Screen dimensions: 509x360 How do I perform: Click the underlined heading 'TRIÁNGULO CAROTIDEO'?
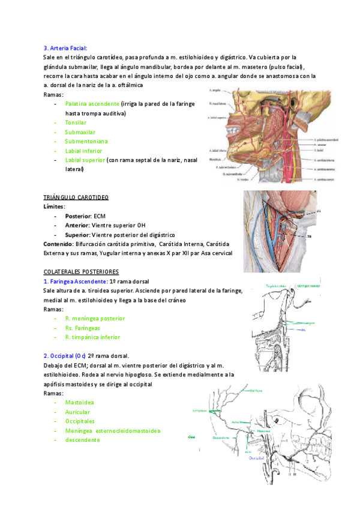[x=76, y=197]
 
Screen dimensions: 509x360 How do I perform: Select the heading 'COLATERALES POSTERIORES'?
[x=82, y=272]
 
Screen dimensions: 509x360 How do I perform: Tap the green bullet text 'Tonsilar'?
[x=76, y=122]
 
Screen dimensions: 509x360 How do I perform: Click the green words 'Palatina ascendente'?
[x=92, y=104]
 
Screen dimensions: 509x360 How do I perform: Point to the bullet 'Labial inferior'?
[x=83, y=151]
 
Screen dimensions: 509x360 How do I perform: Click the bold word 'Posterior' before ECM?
[x=78, y=215]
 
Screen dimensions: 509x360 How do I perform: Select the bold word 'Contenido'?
[x=57, y=244]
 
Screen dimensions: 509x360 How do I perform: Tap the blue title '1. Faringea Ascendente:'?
[x=75, y=282]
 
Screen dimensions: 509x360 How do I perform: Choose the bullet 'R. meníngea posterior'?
[x=95, y=319]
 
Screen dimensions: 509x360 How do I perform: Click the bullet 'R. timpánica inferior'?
[x=92, y=337]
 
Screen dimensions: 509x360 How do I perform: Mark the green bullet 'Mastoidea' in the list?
[x=79, y=403]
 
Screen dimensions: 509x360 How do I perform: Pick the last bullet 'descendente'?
[x=82, y=440]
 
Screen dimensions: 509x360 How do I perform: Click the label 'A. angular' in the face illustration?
[x=217, y=90]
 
